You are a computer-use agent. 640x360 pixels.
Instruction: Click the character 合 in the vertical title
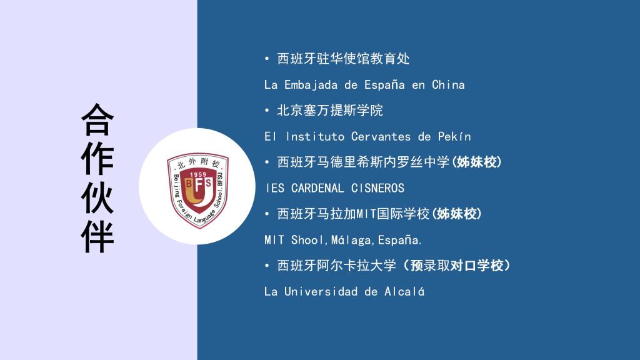tap(97, 119)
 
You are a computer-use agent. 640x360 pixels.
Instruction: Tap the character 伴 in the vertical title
tap(97, 236)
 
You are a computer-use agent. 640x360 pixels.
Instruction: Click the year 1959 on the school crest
tap(198, 174)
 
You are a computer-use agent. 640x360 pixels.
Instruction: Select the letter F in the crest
tap(198, 185)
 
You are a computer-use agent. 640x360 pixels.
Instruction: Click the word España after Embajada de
tap(384, 85)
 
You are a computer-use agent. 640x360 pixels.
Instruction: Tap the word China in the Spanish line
tap(448, 84)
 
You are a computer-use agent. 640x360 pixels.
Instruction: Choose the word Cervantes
tap(381, 136)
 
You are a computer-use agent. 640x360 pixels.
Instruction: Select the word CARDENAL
tap(317, 188)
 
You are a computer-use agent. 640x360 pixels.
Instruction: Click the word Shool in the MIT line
tap(307, 239)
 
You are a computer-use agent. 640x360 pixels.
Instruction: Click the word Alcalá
tap(404, 291)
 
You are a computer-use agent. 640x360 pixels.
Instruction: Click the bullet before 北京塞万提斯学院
tap(267, 111)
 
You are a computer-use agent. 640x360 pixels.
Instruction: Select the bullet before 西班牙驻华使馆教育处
tap(267, 59)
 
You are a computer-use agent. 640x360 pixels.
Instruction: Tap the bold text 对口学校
tap(477, 266)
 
